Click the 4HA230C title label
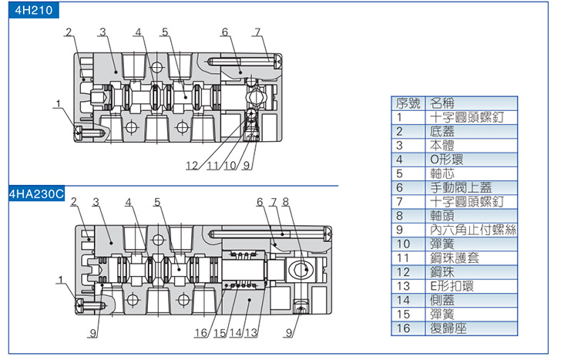35,194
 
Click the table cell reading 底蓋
442,131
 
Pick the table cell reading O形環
446,160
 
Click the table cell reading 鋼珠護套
455,257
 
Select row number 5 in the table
400,173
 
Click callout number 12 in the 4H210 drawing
191,166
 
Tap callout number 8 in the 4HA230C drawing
285,203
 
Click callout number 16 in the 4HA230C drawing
200,333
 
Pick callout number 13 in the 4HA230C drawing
251,333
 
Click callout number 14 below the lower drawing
234,333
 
